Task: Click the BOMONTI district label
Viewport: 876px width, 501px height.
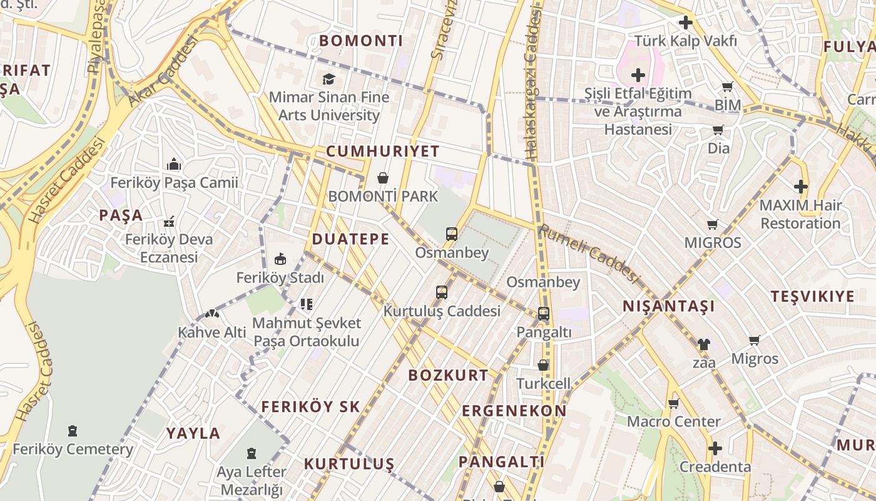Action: coord(361,41)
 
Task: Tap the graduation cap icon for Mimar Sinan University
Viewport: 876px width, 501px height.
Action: coord(328,79)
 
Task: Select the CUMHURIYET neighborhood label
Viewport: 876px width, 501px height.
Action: coord(382,152)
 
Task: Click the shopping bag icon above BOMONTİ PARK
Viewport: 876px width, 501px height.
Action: coord(383,178)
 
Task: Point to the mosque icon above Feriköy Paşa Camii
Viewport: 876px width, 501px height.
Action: coord(174,165)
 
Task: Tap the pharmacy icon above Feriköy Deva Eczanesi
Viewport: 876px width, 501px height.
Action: coord(168,221)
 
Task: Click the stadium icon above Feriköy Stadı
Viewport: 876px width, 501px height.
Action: coord(280,259)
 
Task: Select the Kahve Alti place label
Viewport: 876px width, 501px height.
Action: coord(212,333)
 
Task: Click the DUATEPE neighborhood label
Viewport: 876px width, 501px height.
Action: coord(350,239)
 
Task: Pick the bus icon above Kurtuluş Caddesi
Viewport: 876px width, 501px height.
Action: coord(442,292)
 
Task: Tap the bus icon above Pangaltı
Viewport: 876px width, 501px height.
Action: coord(544,314)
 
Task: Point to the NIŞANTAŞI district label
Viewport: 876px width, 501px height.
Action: coord(668,306)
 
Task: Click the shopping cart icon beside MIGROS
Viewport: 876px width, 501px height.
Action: coord(712,224)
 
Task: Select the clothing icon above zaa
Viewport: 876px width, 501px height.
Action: coord(704,344)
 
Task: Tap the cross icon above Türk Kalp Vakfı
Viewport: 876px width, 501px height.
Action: coord(686,23)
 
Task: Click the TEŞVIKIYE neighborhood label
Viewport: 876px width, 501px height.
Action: coord(812,297)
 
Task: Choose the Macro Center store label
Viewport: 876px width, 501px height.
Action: coord(673,421)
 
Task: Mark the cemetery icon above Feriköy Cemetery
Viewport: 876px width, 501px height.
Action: coord(73,431)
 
